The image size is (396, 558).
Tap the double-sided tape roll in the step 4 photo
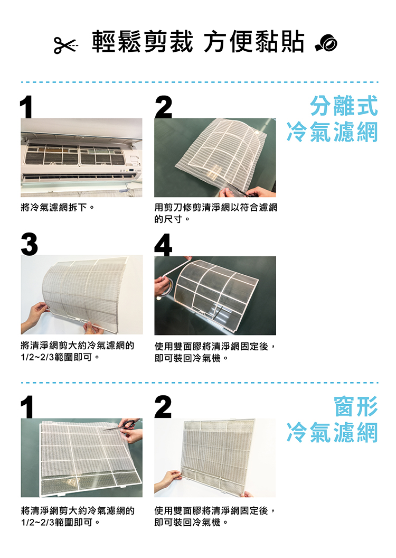pos(165,288)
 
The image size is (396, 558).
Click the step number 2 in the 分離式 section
pos(164,107)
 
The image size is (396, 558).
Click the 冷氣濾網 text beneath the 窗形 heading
pos(332,433)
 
